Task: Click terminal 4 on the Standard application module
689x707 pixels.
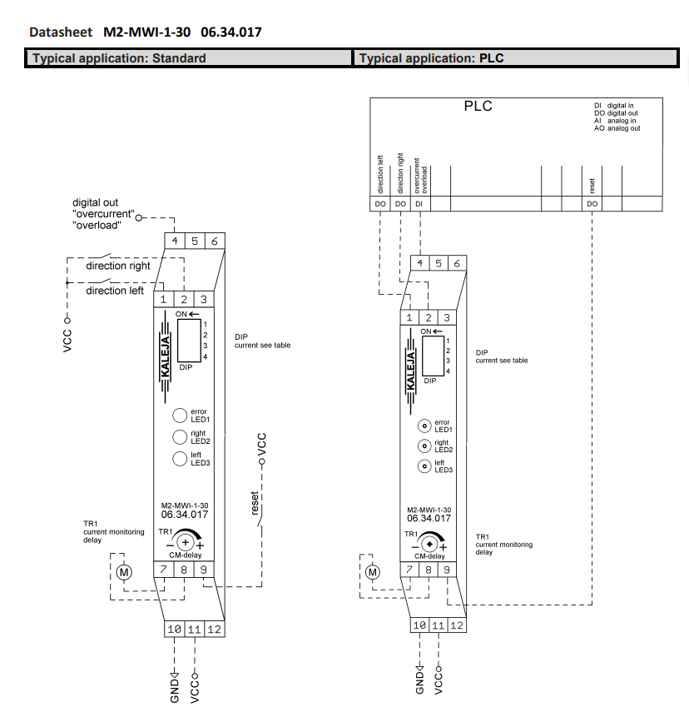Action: coord(175,241)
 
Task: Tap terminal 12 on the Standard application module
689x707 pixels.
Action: coord(214,629)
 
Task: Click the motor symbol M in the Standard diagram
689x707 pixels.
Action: coord(123,571)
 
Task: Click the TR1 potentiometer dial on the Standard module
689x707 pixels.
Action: coord(185,542)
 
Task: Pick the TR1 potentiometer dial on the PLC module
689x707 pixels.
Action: coord(430,545)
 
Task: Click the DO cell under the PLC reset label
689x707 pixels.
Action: coord(592,203)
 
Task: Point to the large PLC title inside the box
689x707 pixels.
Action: coord(478,106)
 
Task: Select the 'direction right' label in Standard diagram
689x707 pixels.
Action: coord(118,266)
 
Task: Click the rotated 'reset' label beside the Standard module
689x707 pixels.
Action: coord(255,502)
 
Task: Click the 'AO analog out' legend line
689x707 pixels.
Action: coord(617,128)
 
